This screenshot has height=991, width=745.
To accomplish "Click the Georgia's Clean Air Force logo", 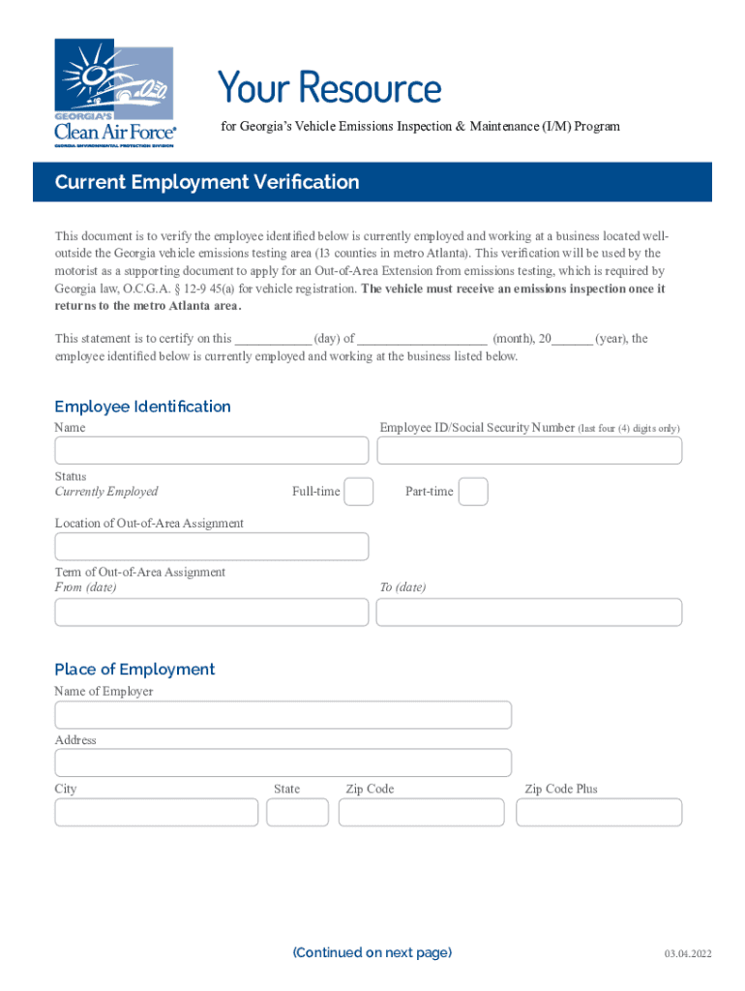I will click(x=114, y=92).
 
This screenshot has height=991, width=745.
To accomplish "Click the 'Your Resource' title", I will click(x=329, y=88).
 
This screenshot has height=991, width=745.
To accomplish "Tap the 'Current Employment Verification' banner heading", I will click(x=207, y=183).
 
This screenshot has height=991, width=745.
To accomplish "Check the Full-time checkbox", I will click(x=359, y=492).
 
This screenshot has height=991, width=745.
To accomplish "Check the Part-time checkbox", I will click(x=473, y=492).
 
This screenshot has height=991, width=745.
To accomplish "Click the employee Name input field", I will click(x=211, y=451).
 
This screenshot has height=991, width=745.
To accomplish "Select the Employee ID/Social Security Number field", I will click(x=529, y=451).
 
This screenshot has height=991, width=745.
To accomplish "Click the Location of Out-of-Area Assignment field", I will click(x=211, y=547).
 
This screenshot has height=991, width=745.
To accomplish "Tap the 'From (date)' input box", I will click(x=211, y=613).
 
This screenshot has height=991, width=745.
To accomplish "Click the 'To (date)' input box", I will click(x=529, y=613).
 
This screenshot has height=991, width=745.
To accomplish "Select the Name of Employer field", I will click(x=283, y=715).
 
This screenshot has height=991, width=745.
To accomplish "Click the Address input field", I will click(x=283, y=763).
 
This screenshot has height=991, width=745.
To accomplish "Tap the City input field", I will click(x=157, y=813).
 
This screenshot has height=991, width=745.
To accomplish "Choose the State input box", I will click(x=297, y=813).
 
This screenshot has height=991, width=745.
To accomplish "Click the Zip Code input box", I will click(x=422, y=813).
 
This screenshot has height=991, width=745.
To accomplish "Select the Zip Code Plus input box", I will click(x=599, y=813).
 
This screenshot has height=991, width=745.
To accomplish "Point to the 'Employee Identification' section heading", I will click(x=142, y=406).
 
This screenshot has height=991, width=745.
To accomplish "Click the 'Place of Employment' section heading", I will click(x=134, y=670).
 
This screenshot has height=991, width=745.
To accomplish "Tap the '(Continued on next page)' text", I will click(x=372, y=953).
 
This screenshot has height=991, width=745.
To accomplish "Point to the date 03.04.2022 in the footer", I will click(x=687, y=955).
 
